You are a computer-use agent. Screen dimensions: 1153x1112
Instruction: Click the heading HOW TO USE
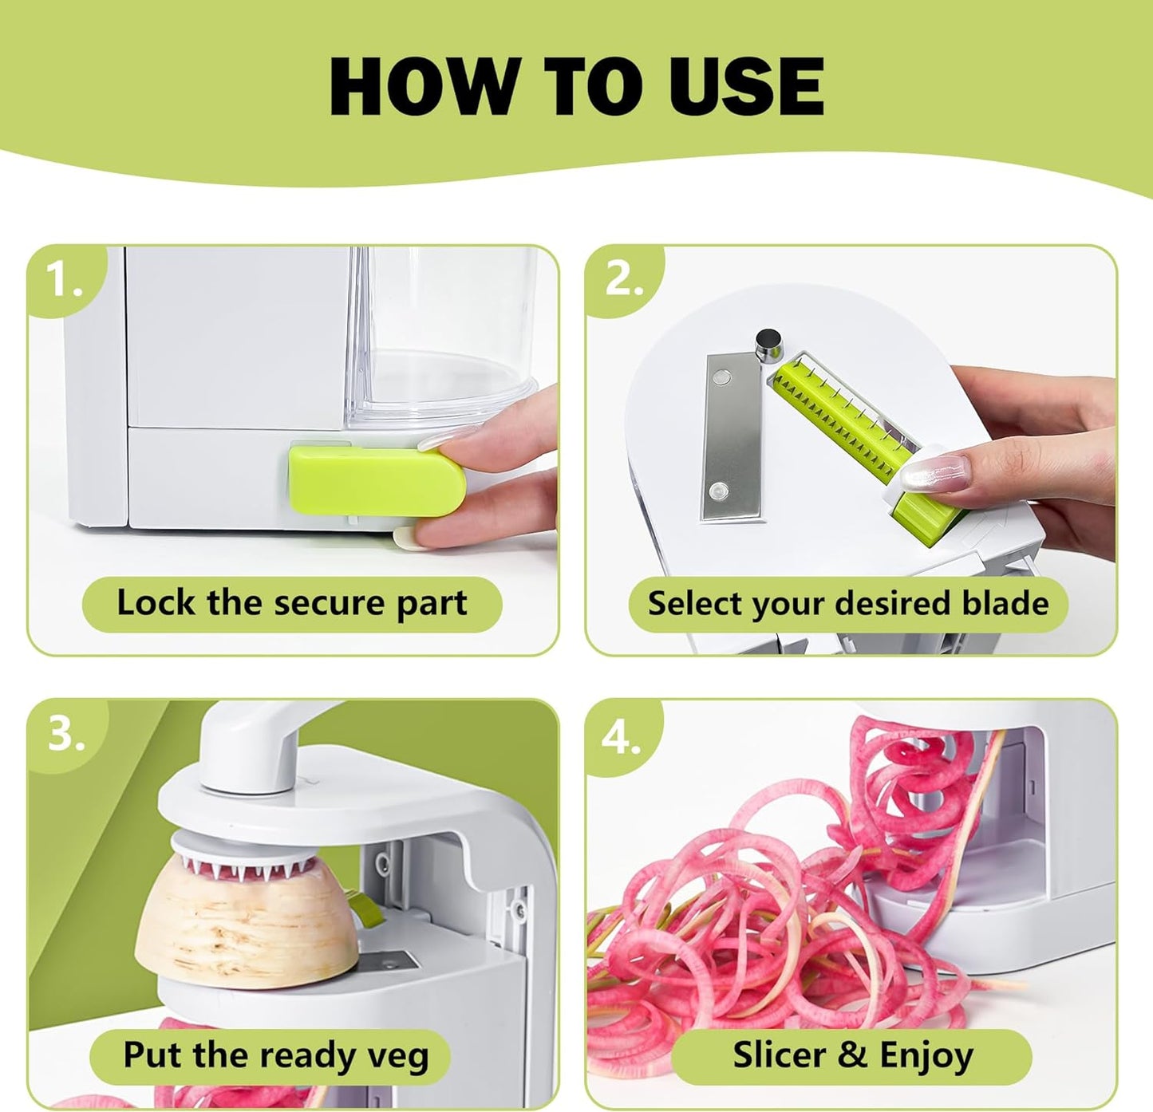pyautogui.click(x=576, y=86)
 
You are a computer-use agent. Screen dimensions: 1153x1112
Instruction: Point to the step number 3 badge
pyautogui.click(x=65, y=735)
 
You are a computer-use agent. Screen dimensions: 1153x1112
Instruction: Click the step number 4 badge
pyautogui.click(x=622, y=735)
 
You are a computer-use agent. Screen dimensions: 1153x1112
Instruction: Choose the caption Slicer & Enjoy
pyautogui.click(x=853, y=1055)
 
